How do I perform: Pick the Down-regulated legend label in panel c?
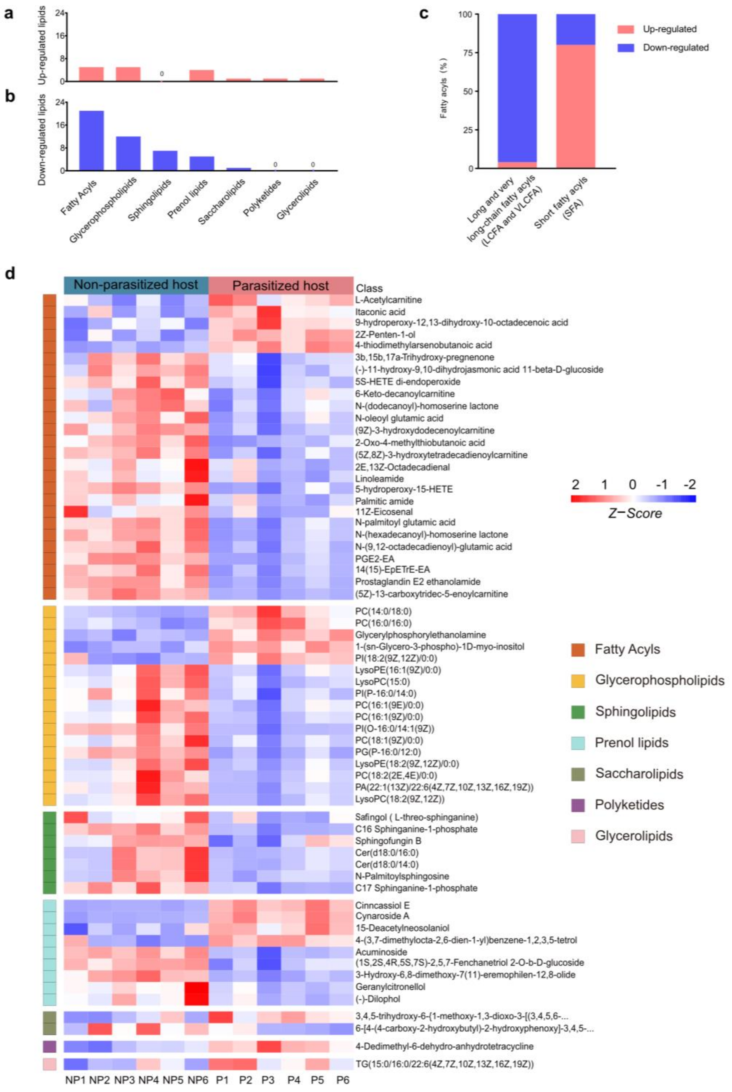tap(676, 48)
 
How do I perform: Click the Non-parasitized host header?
tap(136, 285)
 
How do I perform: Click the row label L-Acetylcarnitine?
tap(388, 300)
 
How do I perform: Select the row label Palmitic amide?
tap(384, 501)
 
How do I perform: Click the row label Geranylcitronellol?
tap(390, 986)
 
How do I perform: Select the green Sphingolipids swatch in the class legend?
tap(578, 712)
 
